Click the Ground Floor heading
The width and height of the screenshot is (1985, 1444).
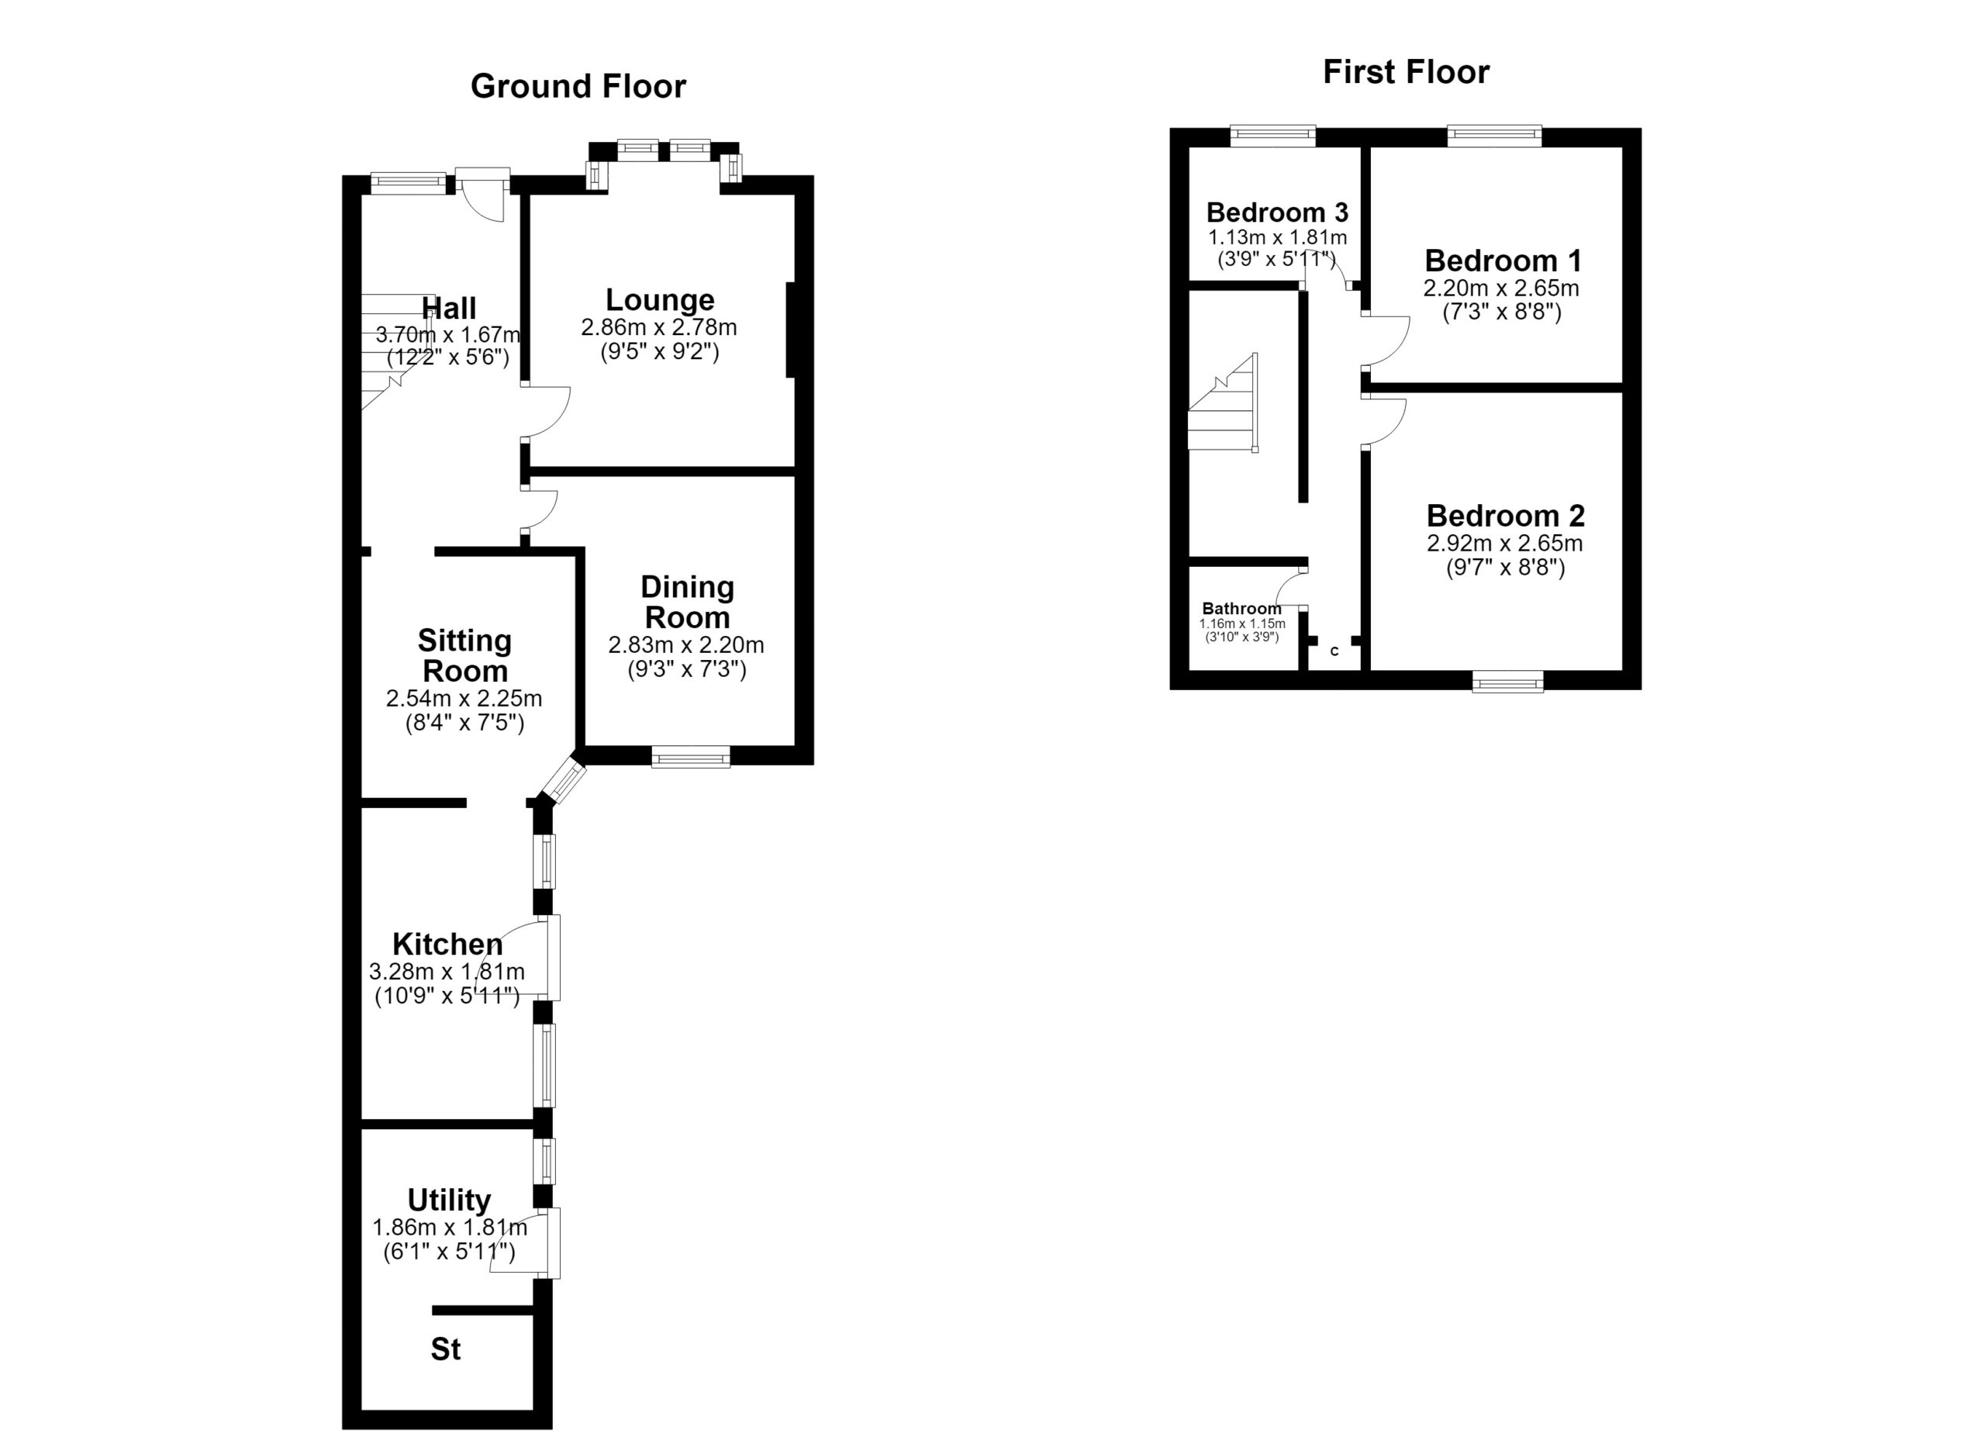(x=578, y=87)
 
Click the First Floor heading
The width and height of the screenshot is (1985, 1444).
(x=1406, y=72)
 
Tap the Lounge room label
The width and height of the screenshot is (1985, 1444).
(x=660, y=299)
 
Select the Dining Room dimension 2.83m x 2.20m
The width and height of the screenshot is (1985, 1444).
(x=686, y=645)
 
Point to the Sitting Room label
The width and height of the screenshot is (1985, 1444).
(x=464, y=655)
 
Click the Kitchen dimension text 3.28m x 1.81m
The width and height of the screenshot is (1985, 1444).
(x=447, y=972)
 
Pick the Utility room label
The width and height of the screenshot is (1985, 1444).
(x=449, y=1200)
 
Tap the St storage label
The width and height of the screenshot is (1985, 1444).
(x=446, y=1349)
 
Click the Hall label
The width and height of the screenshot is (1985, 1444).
(x=449, y=308)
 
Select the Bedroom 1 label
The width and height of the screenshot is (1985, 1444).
(x=1503, y=261)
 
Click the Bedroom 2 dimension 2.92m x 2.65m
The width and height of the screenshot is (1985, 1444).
(x=1504, y=543)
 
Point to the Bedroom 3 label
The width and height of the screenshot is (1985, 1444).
(x=1277, y=212)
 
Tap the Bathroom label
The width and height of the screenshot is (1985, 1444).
(x=1242, y=608)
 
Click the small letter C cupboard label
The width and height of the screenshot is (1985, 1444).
(x=1334, y=651)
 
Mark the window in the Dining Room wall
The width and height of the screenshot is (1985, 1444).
(x=691, y=756)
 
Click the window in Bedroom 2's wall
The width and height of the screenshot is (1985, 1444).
(x=1507, y=681)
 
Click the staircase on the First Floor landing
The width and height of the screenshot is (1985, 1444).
(x=1224, y=403)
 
